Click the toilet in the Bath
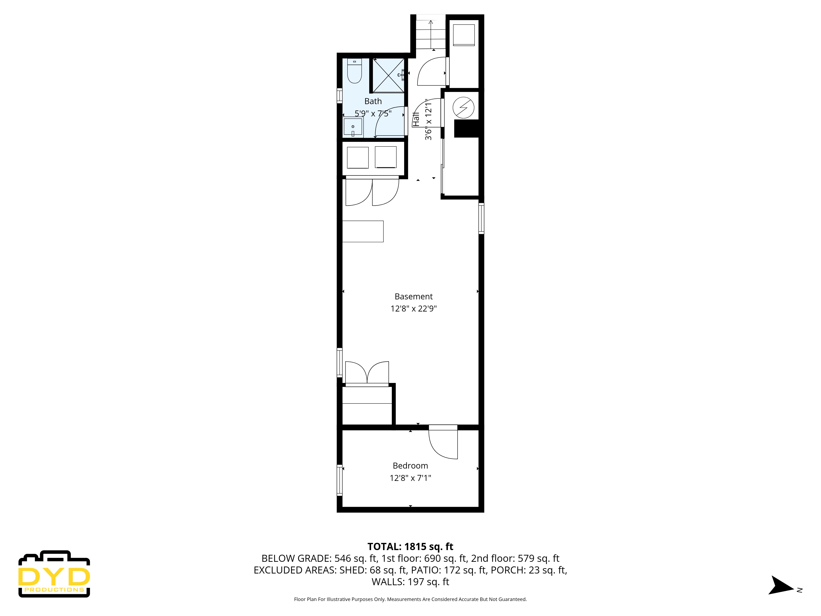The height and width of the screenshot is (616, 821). [x=354, y=71]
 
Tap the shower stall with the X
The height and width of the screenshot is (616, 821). [x=388, y=75]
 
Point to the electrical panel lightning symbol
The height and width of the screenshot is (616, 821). [x=463, y=108]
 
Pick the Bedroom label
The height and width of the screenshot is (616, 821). [x=410, y=466]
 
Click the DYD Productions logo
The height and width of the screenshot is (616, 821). [x=54, y=574]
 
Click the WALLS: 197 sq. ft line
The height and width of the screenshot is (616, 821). [x=410, y=582]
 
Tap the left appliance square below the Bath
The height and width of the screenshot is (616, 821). [x=357, y=157]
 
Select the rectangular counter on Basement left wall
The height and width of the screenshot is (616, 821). [x=363, y=231]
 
